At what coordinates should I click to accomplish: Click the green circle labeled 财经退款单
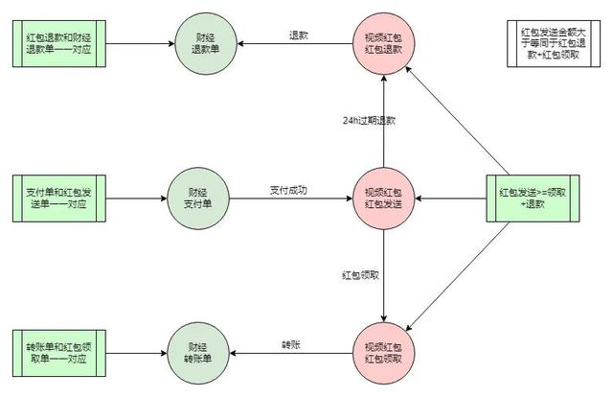click(x=206, y=43)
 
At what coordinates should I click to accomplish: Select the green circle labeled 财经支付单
click(x=198, y=198)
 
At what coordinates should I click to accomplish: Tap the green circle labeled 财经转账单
click(x=198, y=354)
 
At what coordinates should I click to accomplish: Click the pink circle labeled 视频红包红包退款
click(x=383, y=43)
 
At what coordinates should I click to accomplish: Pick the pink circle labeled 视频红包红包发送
click(x=383, y=198)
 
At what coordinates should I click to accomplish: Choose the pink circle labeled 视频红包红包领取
click(x=383, y=354)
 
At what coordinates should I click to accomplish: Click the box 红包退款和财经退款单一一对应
click(x=59, y=43)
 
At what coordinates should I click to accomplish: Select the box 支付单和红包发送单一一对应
click(x=59, y=198)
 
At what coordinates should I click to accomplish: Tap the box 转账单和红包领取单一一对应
click(x=59, y=353)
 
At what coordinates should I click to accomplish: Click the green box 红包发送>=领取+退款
click(x=533, y=198)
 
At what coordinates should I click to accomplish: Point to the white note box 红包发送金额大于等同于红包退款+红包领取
click(x=554, y=43)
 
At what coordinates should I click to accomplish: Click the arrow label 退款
click(x=299, y=35)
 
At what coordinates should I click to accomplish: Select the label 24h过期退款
click(x=369, y=121)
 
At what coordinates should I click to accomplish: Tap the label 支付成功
click(x=288, y=190)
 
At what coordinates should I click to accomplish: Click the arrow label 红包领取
click(x=360, y=275)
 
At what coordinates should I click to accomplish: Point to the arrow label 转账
click(x=291, y=345)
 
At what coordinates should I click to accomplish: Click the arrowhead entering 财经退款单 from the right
click(x=240, y=43)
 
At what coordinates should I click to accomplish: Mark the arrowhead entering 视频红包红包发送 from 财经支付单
click(x=349, y=198)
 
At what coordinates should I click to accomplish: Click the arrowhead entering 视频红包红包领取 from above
click(x=383, y=318)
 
